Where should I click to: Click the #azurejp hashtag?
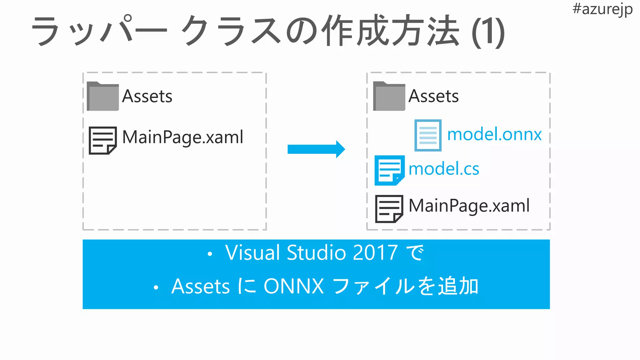coord(602,9)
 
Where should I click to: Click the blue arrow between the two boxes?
coord(316,149)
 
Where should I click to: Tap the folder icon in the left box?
coord(103,97)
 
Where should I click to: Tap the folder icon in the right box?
coord(389,97)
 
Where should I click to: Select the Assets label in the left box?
coord(147,96)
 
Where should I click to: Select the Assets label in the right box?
coord(433,96)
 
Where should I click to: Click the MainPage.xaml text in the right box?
coord(469,206)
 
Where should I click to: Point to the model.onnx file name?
coord(494,135)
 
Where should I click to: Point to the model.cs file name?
coord(443,169)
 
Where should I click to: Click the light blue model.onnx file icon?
coord(428,135)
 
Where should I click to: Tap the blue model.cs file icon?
coord(389,170)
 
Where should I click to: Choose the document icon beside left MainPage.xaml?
coord(102,140)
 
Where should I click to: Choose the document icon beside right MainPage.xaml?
coord(389,209)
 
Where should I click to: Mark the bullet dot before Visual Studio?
coord(210,254)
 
